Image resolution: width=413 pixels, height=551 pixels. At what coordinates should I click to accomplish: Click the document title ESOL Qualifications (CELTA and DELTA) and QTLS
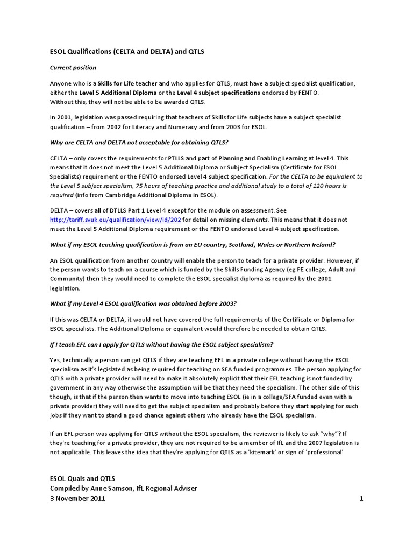tap(127, 52)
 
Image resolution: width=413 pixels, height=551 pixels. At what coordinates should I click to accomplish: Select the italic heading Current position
tap(73, 68)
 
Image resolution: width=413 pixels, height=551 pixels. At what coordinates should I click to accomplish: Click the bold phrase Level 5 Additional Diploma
tap(106, 93)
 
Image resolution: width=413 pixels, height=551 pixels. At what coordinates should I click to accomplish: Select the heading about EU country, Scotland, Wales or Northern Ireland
tap(193, 245)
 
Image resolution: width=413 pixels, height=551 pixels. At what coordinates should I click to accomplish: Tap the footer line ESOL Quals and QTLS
tap(82, 478)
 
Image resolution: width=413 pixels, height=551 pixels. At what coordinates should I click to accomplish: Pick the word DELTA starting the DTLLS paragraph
tap(62, 211)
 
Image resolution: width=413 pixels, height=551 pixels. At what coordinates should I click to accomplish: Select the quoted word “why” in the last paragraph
tap(327, 434)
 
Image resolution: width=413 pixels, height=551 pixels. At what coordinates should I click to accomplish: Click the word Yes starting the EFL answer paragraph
tap(56, 361)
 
